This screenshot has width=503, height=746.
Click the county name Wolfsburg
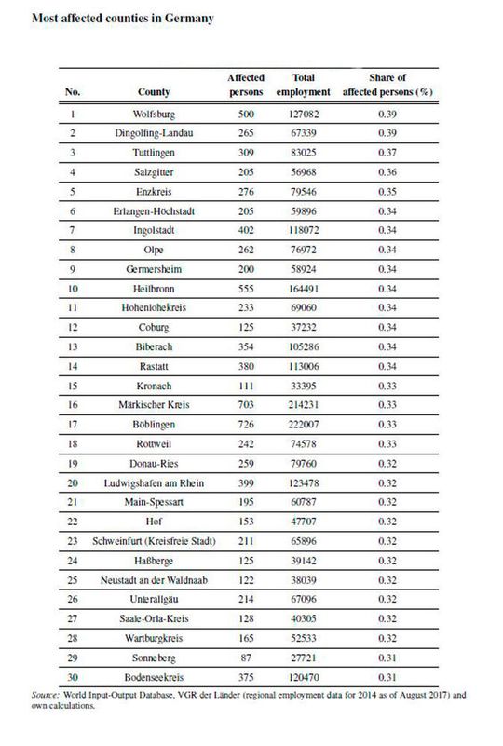click(x=153, y=117)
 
